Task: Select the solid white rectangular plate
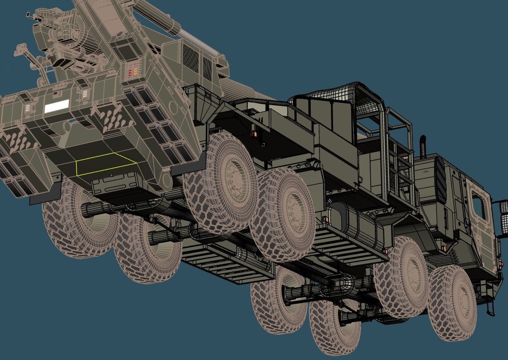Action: pos(57,106)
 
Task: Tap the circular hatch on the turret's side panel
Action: pos(165,179)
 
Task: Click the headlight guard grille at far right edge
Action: pos(501,218)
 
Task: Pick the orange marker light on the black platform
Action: pos(255,134)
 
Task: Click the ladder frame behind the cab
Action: pos(402,166)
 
